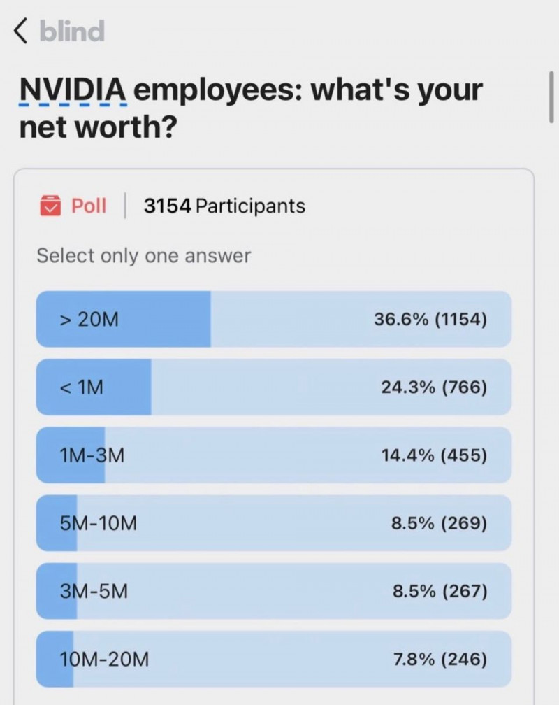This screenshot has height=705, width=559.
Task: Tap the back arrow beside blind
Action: (x=21, y=31)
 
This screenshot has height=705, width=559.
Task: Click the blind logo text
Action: (x=71, y=31)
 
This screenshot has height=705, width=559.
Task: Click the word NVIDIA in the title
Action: (x=73, y=90)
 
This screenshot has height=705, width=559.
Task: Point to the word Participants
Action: (x=251, y=206)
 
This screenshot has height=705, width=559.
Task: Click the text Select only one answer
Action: (x=143, y=256)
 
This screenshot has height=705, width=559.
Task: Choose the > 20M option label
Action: (x=89, y=320)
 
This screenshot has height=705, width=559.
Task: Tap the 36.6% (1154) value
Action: (x=430, y=320)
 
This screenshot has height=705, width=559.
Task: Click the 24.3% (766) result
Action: (x=433, y=387)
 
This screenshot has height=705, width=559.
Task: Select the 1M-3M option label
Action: (x=92, y=455)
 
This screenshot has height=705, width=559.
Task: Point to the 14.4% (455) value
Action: (x=433, y=455)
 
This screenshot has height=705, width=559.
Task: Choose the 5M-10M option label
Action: (x=98, y=523)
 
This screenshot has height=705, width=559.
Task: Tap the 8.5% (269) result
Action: (x=439, y=523)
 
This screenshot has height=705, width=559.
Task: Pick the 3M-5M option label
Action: (x=94, y=591)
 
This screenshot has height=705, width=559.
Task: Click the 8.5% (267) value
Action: (x=439, y=591)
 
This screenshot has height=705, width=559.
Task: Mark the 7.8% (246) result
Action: (x=439, y=659)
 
